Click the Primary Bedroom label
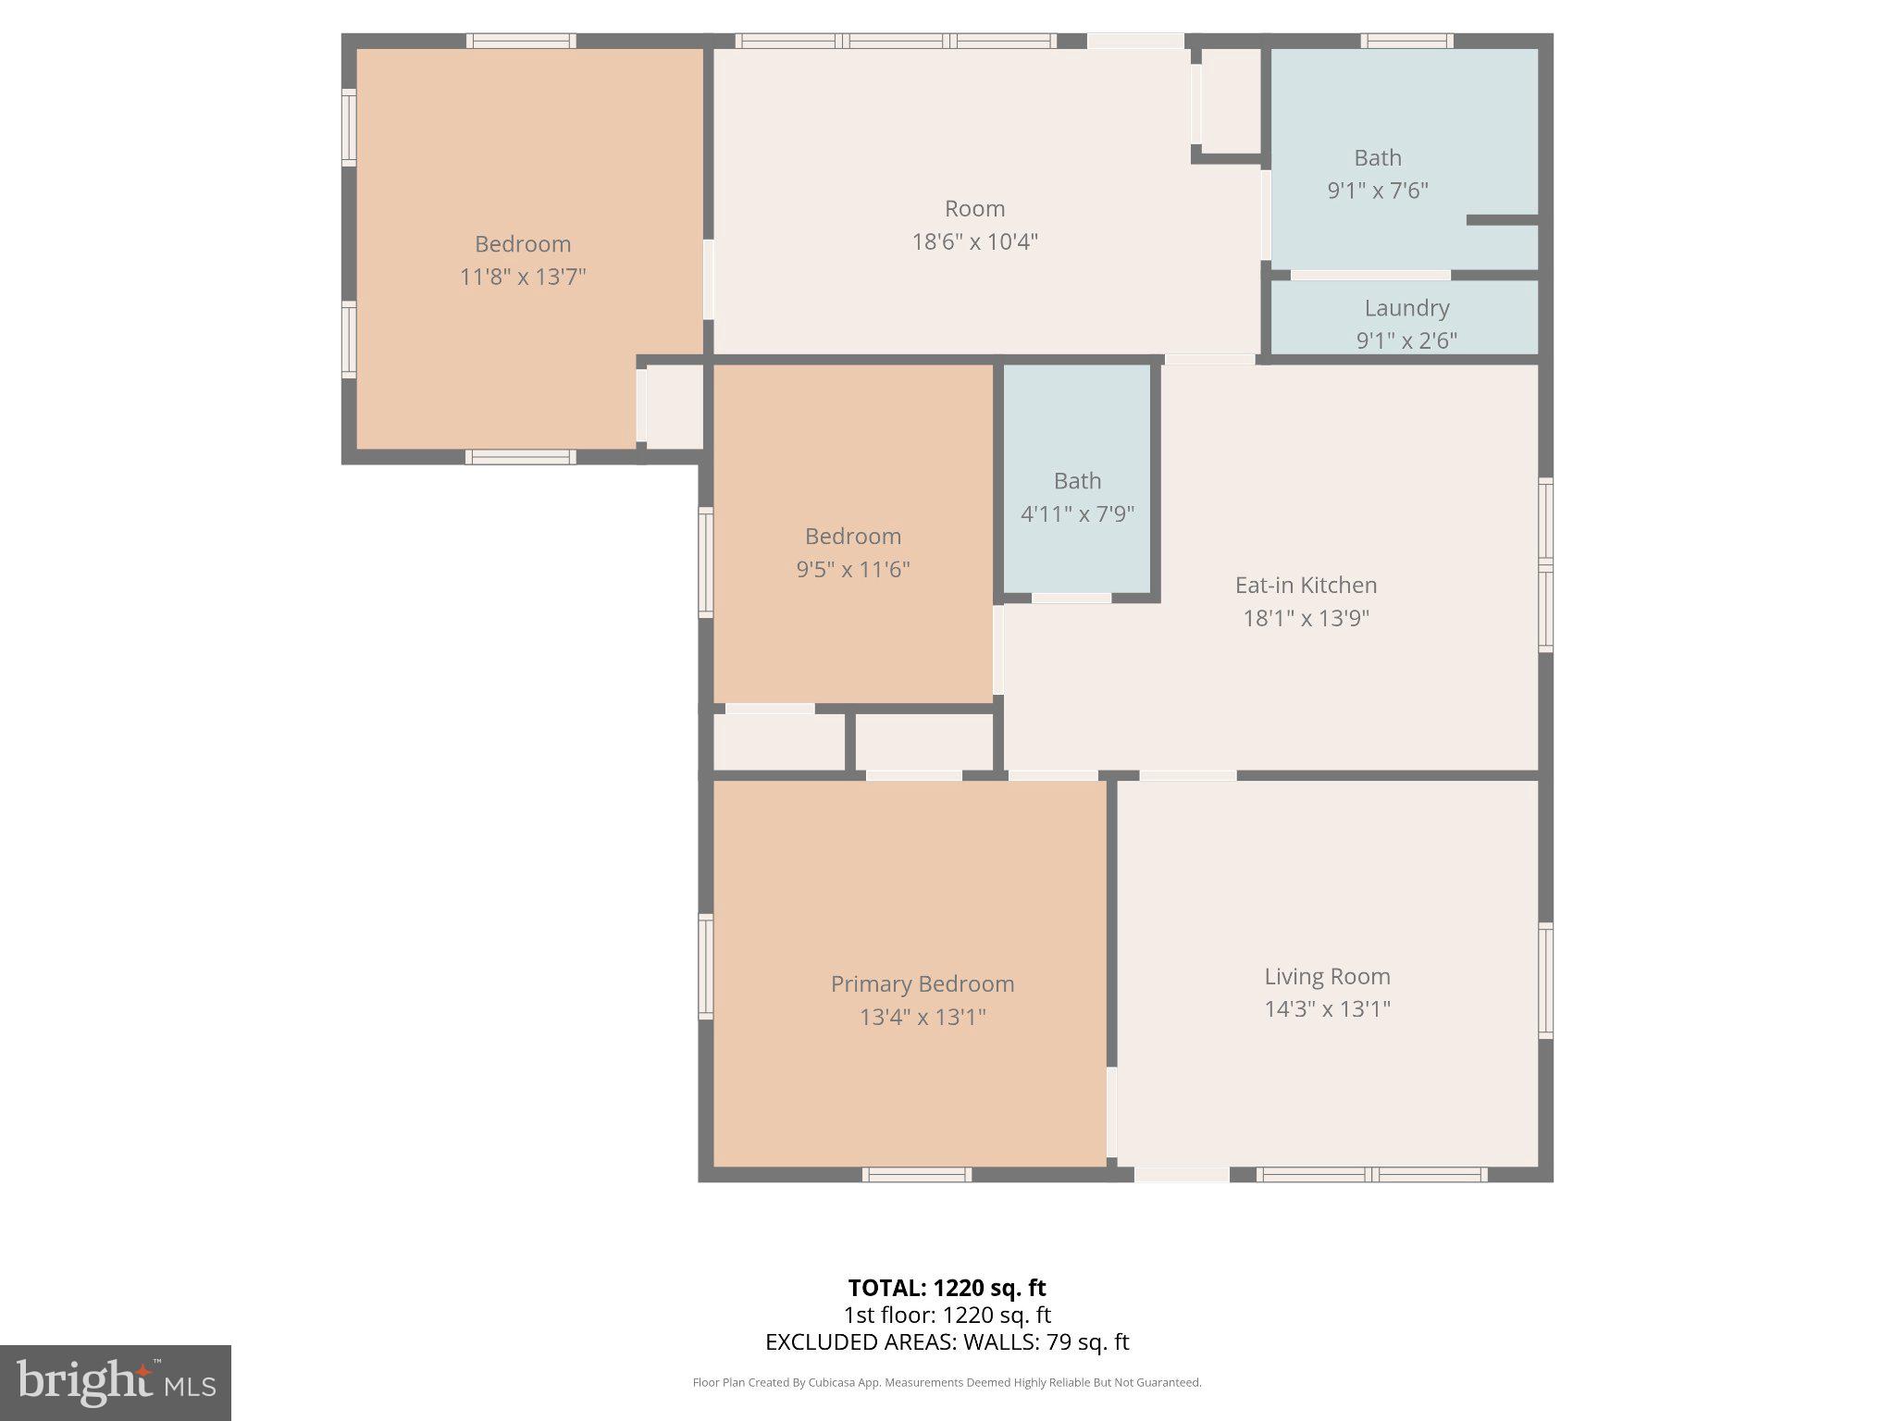pyautogui.click(x=922, y=983)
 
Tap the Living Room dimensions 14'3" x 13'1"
pyautogui.click(x=1327, y=1008)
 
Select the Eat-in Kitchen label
pyautogui.click(x=1306, y=585)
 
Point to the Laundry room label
pyautogui.click(x=1406, y=308)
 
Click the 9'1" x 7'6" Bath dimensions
pyautogui.click(x=1378, y=191)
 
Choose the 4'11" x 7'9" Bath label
pyautogui.click(x=1077, y=481)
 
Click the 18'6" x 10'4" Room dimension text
pyautogui.click(x=974, y=241)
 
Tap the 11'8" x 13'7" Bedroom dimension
pyautogui.click(x=523, y=277)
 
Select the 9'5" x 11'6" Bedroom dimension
pyautogui.click(x=852, y=569)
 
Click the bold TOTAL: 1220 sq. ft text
pyautogui.click(x=947, y=1288)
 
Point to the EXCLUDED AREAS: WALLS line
pyautogui.click(x=947, y=1341)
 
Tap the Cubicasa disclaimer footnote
pyautogui.click(x=947, y=1382)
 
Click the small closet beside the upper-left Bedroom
pyautogui.click(x=674, y=407)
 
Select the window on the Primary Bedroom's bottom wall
pyautogui.click(x=916, y=1174)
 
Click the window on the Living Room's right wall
pyautogui.click(x=1545, y=980)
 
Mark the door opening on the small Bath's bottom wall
pyautogui.click(x=1071, y=599)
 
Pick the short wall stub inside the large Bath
pyautogui.click(x=1502, y=220)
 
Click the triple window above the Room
pyautogui.click(x=895, y=41)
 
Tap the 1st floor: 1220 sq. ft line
pyautogui.click(x=947, y=1315)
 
